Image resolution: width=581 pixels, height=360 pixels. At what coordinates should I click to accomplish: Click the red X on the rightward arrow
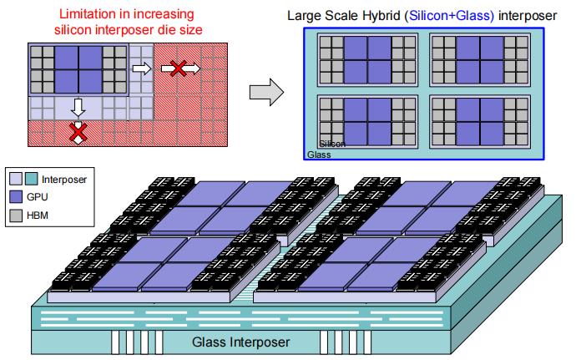[x=177, y=69]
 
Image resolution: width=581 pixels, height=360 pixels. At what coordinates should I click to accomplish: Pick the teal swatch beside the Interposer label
[x=32, y=178]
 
